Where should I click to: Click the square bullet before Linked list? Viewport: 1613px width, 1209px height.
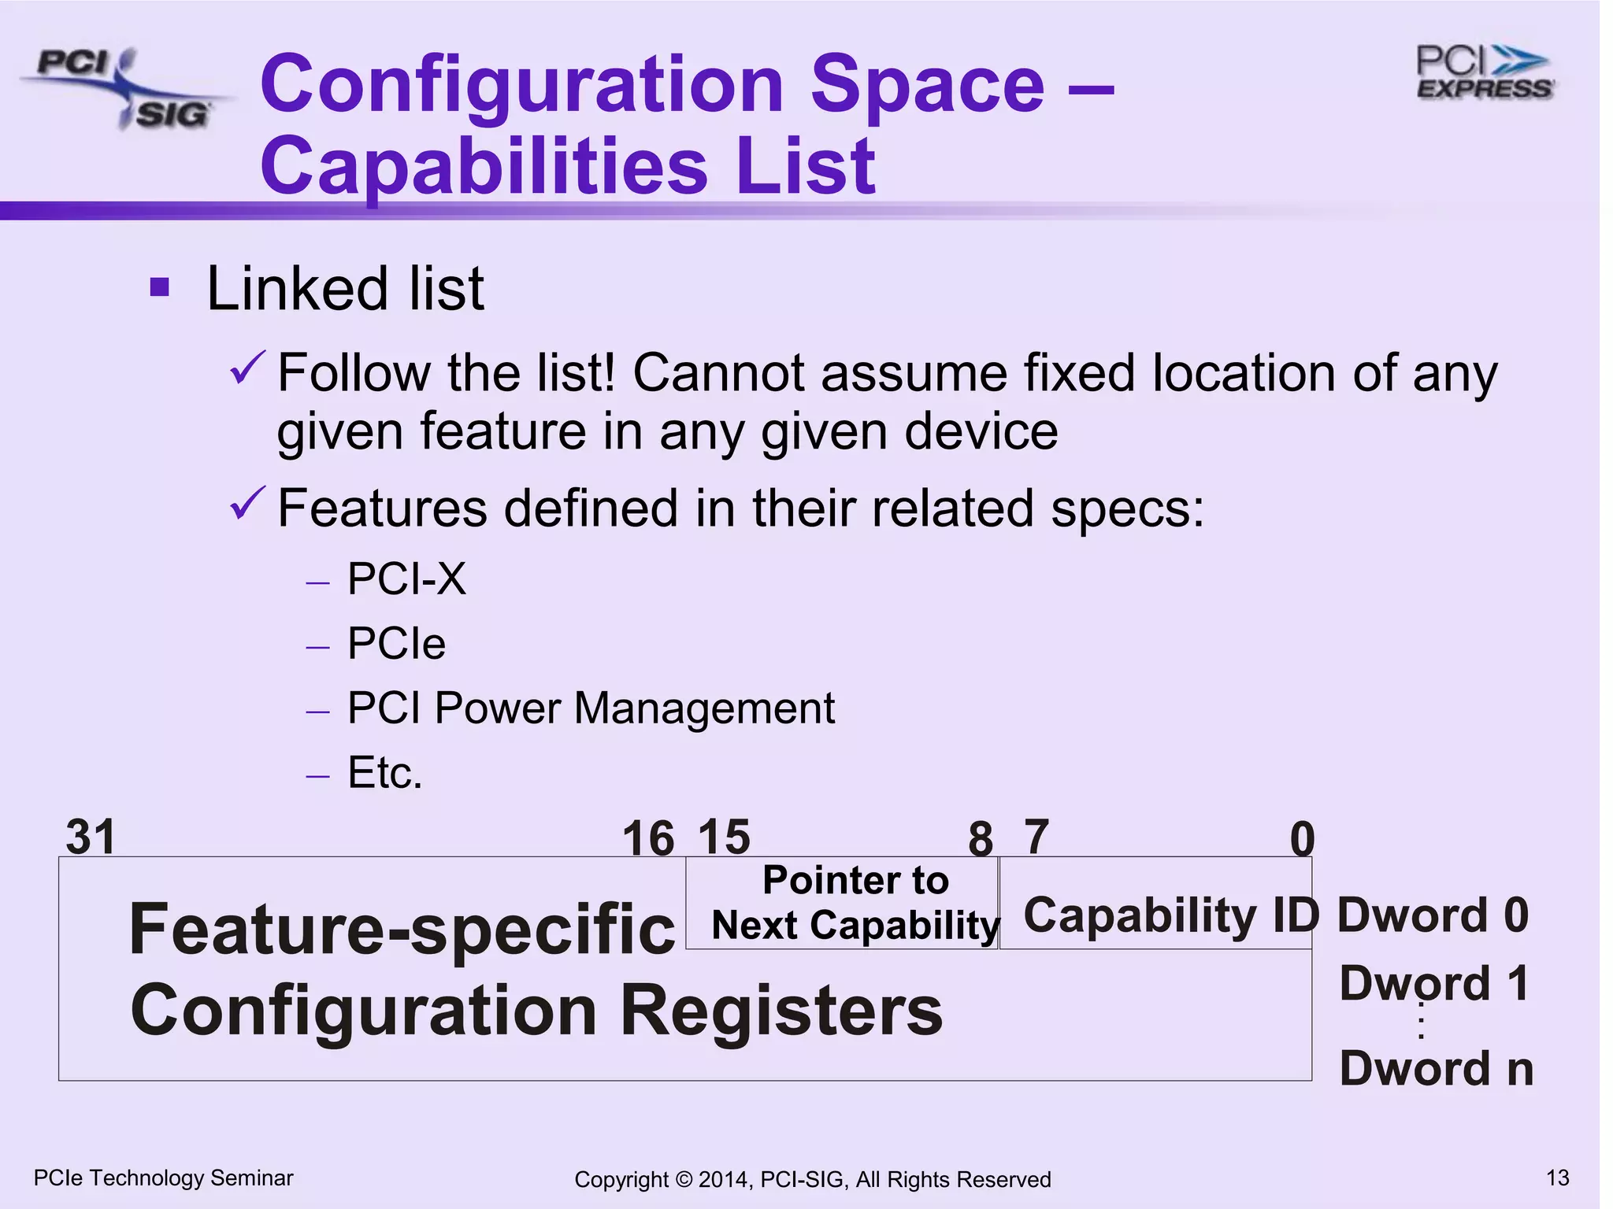[160, 287]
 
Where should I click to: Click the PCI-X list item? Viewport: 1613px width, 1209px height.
[406, 579]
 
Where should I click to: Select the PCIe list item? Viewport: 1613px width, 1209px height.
[396, 644]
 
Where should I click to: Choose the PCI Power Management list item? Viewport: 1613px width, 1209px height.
[591, 708]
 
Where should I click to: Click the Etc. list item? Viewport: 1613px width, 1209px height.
[385, 772]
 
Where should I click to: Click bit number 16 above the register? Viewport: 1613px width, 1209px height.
[648, 838]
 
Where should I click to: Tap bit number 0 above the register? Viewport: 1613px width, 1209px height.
[1302, 839]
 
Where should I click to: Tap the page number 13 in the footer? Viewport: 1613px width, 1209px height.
[1557, 1178]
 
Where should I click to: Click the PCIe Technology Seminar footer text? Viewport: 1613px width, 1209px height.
[164, 1178]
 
